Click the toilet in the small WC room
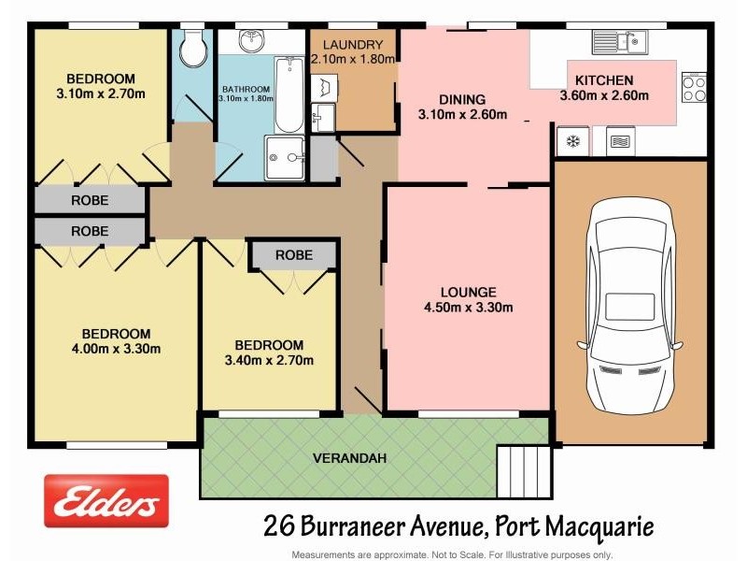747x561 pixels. click(193, 50)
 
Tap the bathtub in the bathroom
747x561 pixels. click(289, 95)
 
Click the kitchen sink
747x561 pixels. click(618, 42)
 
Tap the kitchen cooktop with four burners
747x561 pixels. click(694, 88)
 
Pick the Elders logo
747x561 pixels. click(106, 501)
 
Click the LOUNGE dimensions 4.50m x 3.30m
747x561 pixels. click(469, 308)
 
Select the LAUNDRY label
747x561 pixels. click(353, 45)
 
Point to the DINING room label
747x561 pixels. click(463, 100)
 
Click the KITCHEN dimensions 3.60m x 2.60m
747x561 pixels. click(604, 94)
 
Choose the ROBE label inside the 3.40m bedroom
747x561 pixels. click(293, 255)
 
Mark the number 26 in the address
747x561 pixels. click(277, 526)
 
